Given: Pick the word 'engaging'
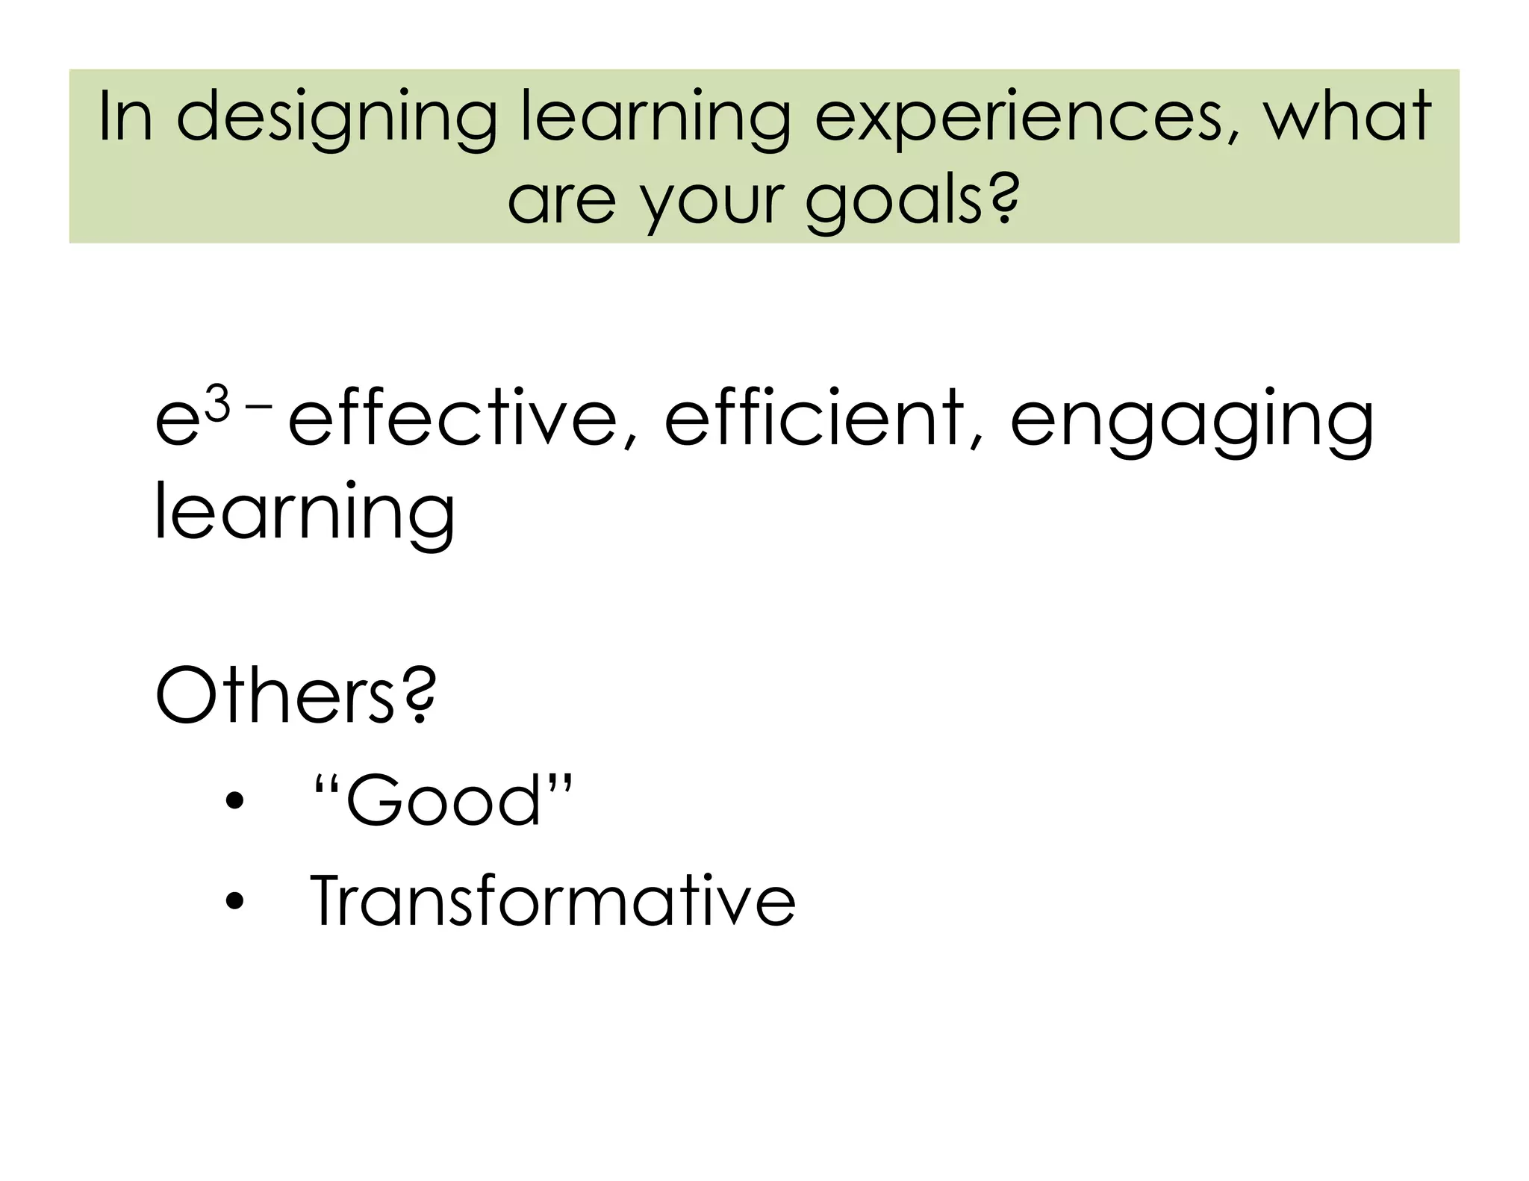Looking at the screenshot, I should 1192,422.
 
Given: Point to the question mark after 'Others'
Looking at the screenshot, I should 422,694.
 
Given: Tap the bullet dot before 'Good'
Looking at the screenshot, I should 234,803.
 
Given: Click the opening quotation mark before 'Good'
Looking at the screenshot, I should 326,785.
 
